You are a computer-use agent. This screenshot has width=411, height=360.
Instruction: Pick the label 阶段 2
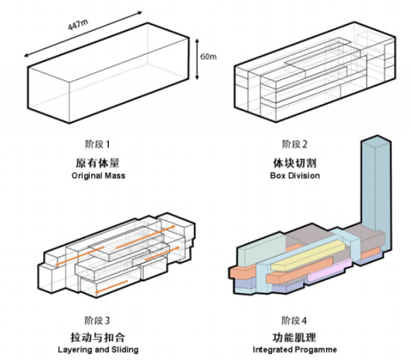295,144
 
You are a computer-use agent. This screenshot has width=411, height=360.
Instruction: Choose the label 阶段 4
295,320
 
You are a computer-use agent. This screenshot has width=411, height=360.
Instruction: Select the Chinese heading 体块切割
295,163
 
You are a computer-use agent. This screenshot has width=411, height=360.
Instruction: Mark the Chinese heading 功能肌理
295,337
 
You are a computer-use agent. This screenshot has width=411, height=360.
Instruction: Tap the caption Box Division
295,176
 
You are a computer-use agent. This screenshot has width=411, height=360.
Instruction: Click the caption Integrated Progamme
295,350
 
